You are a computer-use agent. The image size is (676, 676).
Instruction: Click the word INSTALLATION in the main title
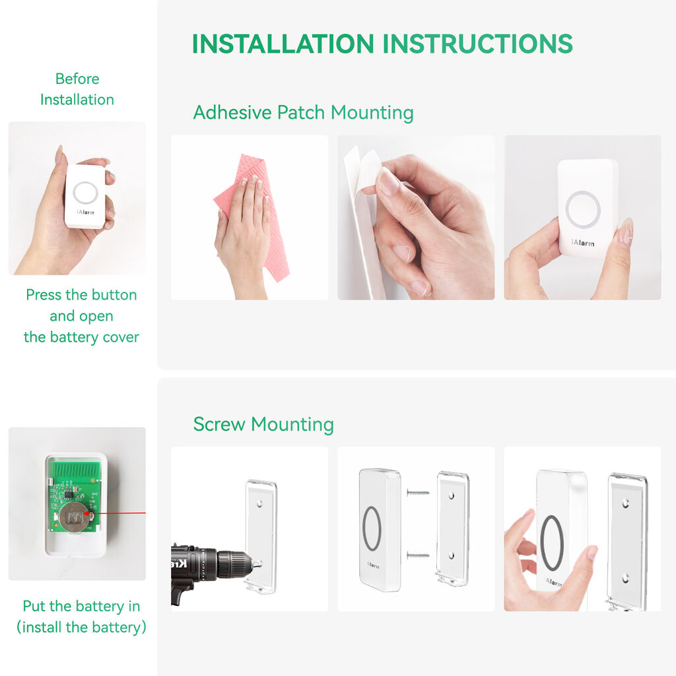point(283,44)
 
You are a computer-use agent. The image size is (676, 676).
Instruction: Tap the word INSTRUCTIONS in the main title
point(478,44)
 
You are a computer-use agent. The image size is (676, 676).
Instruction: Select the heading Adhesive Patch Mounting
point(303,112)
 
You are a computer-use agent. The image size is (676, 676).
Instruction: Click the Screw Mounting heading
point(263,424)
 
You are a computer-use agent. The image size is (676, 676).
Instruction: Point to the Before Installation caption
point(77,89)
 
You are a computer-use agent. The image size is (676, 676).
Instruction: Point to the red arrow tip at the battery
point(85,513)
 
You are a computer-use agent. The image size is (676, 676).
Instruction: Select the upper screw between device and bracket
point(418,492)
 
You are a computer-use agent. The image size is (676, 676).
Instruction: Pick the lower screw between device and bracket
point(418,555)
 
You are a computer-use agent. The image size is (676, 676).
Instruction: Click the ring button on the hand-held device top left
point(85,193)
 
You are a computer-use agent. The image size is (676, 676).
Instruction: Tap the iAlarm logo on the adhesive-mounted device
point(583,243)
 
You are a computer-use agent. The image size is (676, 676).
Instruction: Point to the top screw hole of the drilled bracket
point(259,504)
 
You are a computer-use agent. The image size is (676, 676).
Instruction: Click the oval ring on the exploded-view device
point(372,529)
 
